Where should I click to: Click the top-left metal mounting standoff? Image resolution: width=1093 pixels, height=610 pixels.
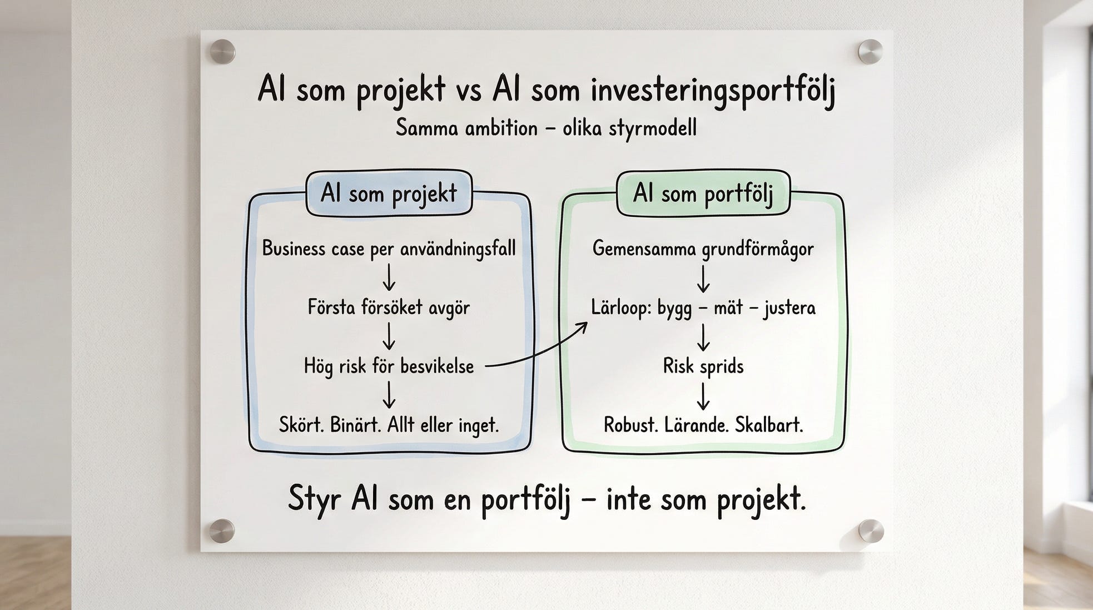tap(222, 52)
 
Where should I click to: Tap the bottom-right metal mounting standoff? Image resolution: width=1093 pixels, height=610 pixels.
tap(870, 532)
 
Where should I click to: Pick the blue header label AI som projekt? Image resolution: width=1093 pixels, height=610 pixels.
tap(389, 194)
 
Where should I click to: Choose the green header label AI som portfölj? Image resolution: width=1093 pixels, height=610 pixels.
tap(703, 194)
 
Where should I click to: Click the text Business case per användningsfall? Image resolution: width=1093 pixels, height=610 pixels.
tap(389, 249)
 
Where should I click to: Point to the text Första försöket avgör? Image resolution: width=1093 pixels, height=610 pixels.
tap(389, 308)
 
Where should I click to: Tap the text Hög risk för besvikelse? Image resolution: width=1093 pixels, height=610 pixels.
tap(389, 366)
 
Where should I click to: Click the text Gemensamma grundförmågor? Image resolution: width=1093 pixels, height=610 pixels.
tap(703, 249)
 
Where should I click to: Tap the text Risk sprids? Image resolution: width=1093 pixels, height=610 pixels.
tap(703, 366)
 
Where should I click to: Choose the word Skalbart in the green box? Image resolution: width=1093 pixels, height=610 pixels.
tap(769, 425)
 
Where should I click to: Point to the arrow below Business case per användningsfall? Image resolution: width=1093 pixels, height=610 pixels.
tap(389, 277)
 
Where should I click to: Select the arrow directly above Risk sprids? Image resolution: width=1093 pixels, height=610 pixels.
tap(703, 337)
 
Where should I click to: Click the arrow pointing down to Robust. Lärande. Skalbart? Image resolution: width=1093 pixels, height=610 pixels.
tap(703, 396)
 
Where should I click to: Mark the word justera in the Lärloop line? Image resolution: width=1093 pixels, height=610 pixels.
tap(789, 308)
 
